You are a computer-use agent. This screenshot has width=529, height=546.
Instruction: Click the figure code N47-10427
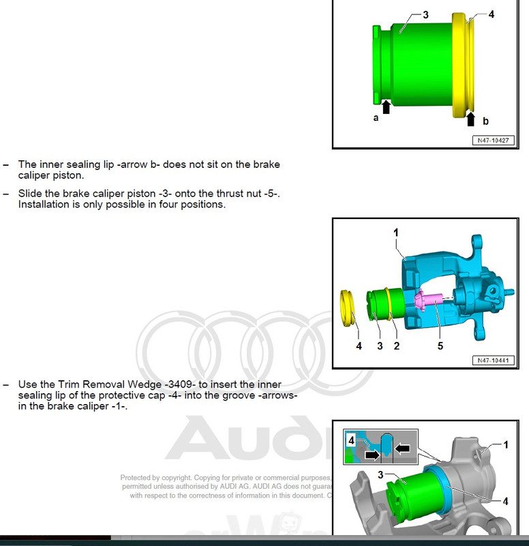click(492, 141)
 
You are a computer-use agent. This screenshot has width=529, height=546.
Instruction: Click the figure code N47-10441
click(492, 360)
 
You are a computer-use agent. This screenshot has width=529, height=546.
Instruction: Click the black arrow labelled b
click(470, 119)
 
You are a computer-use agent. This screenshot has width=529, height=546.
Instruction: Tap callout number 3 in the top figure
click(425, 14)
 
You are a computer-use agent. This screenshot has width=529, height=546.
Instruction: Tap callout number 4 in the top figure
click(492, 14)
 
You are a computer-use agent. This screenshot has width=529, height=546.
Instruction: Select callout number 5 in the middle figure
click(440, 346)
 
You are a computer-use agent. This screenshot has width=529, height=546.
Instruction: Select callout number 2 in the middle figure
click(397, 346)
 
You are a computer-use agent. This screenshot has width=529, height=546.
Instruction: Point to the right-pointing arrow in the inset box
click(373, 452)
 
